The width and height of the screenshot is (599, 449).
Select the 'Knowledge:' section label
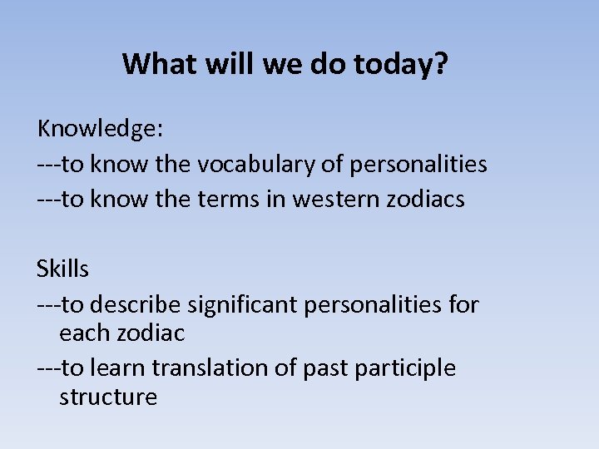pos(101,129)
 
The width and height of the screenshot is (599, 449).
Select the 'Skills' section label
pos(62,269)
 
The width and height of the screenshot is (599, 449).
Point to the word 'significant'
pos(241,305)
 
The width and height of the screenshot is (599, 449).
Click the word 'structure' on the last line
pos(108,397)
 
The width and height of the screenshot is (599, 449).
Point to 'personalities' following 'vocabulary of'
pos(418,165)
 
